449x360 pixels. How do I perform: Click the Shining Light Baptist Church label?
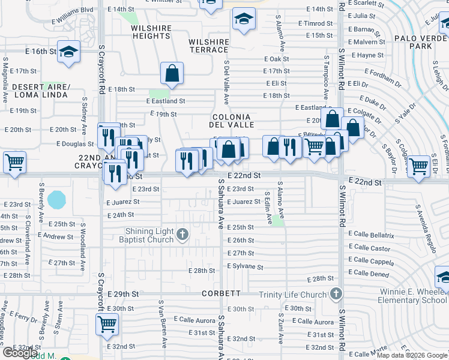click(149, 235)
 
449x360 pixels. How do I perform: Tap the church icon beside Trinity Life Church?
click(336, 294)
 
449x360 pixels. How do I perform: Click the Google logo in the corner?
click(20, 353)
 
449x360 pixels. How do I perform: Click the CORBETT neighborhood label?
click(221, 294)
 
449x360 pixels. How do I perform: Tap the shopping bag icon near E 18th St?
click(172, 73)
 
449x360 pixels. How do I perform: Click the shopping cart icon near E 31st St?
click(107, 325)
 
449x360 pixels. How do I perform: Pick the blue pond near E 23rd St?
click(56, 199)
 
